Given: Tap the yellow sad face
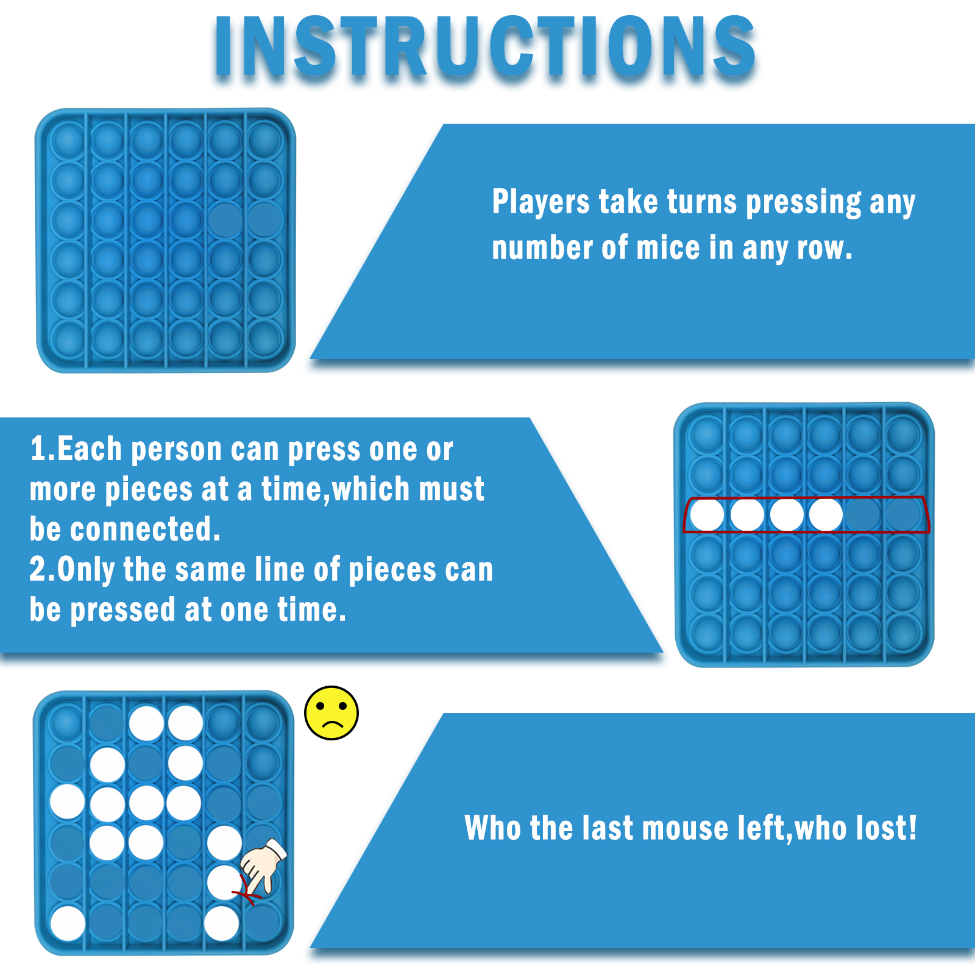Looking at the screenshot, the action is click(x=331, y=713).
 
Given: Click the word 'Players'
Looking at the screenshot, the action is click(x=541, y=202).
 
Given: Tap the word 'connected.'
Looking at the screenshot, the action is click(x=145, y=529).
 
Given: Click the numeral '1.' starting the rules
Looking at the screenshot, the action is click(x=43, y=449).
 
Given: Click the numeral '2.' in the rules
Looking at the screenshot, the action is click(x=43, y=569).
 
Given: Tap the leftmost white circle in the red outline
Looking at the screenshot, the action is click(x=707, y=515).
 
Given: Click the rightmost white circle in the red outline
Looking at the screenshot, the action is click(x=826, y=515).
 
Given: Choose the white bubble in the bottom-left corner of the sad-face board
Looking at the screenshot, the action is click(x=68, y=923).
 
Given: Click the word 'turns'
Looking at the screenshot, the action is click(x=702, y=203).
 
